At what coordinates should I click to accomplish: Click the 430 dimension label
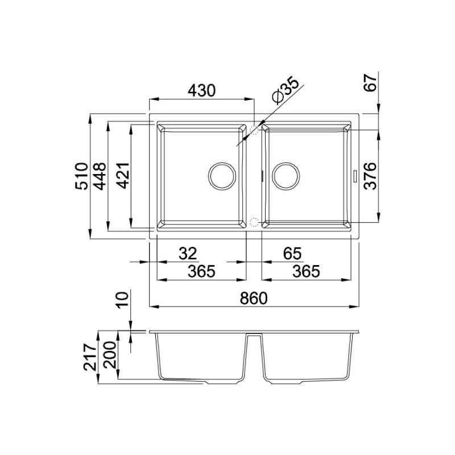201,90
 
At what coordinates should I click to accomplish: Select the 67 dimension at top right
371,85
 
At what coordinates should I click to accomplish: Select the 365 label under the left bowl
201,272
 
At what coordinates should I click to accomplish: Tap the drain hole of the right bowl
286,176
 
